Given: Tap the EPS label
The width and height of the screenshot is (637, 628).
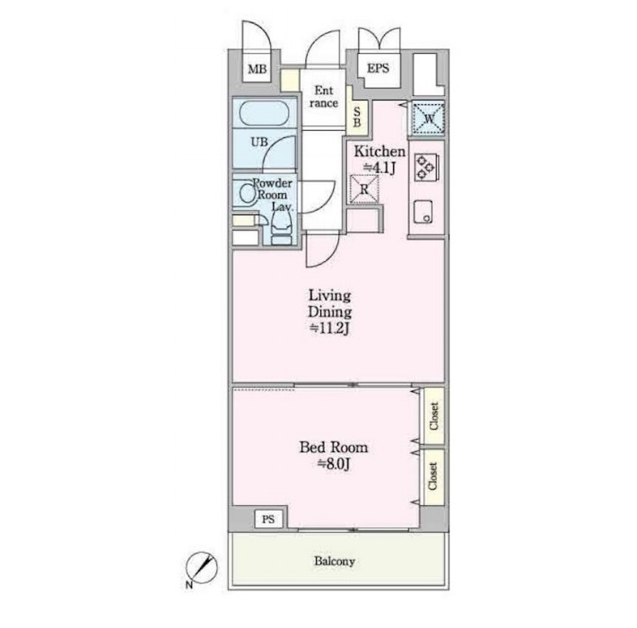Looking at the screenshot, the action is coord(378,68).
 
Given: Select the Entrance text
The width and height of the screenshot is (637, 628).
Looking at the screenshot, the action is coord(323,97).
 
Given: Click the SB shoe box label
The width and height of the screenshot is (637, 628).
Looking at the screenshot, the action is coord(357,117).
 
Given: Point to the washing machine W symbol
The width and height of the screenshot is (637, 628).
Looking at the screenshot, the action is coord(429,118).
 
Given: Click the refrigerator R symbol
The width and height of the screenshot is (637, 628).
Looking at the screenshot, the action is coord(364,189).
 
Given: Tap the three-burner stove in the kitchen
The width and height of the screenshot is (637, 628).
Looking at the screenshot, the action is coord(426,167).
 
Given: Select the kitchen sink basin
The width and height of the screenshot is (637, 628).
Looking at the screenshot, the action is coord(423,212).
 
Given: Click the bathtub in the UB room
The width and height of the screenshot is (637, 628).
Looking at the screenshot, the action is coord(264,113).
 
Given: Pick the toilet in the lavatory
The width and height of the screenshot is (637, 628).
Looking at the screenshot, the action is coord(281,229).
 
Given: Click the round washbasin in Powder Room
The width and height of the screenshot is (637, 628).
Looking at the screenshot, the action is coord(247,194).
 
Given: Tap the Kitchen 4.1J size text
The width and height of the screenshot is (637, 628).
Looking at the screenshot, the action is coord(380,168).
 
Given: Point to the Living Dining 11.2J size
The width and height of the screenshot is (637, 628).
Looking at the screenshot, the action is coord(329,328).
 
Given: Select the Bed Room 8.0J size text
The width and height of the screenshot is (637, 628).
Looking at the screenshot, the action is coord(333,464).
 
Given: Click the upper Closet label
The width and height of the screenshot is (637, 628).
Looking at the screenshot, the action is coord(434,416).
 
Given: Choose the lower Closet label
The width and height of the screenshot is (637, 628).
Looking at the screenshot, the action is coord(433,476).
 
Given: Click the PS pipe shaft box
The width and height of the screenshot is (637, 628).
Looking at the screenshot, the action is coord(268,519).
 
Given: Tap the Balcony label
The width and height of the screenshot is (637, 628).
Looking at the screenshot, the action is coord(335,562).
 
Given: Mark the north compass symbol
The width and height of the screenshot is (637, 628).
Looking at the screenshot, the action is coord(202,568).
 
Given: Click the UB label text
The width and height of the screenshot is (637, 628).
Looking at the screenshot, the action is coord(259,142).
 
